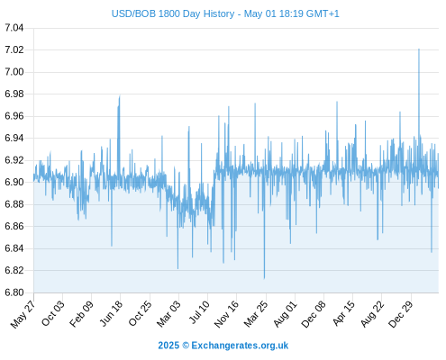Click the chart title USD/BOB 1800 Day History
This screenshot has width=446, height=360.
[x=173, y=13]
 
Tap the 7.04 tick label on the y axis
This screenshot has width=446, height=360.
[x=14, y=28]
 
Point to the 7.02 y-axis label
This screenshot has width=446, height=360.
[x=14, y=49]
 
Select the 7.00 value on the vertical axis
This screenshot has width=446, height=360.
[x=14, y=72]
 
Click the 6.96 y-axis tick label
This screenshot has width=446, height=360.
[x=14, y=116]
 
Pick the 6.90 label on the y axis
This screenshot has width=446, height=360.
[x=14, y=182]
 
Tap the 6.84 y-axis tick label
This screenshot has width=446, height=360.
[x=14, y=248]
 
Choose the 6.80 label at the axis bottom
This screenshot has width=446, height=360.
[x=14, y=292]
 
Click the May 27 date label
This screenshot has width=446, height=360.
[x=23, y=314]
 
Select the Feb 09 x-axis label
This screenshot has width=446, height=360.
[x=81, y=314]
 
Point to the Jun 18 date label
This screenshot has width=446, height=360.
[x=111, y=313]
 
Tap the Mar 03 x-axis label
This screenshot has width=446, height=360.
[x=168, y=313]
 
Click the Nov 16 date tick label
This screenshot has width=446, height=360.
[x=226, y=314]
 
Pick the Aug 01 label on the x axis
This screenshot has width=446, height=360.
[x=285, y=314]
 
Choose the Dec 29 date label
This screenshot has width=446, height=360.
[x=401, y=314]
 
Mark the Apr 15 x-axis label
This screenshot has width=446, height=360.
[x=343, y=313]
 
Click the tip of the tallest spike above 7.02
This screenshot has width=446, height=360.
[x=419, y=49]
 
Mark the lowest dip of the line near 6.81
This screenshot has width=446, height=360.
[x=264, y=278]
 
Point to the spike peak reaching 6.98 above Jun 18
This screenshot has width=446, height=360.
[x=120, y=96]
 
